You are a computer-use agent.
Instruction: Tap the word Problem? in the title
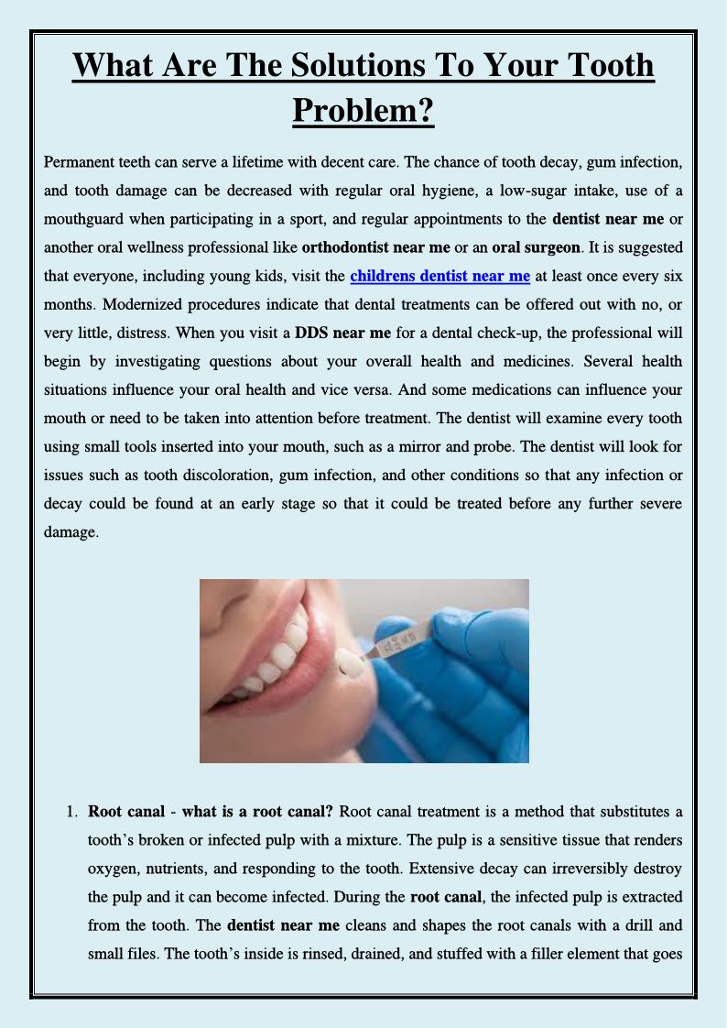(x=363, y=111)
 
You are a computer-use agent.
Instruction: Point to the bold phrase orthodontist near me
(x=376, y=247)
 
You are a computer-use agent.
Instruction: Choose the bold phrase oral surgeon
(x=536, y=247)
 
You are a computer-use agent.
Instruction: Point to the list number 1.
(x=71, y=811)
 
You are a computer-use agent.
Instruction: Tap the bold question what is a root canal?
(x=258, y=811)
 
